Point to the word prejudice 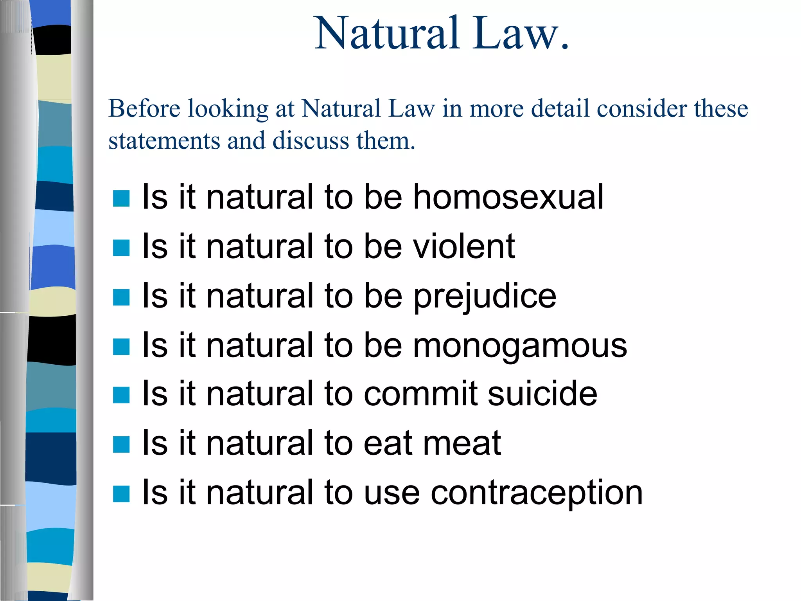click(x=485, y=296)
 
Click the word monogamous click(x=520, y=345)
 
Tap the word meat click(x=462, y=443)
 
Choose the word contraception click(x=537, y=493)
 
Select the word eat click(x=385, y=443)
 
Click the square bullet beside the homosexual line click(x=121, y=198)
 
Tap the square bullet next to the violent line click(x=121, y=248)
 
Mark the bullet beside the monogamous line click(x=121, y=347)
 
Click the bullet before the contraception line click(x=121, y=494)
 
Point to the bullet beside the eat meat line click(x=121, y=444)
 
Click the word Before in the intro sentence click(x=144, y=108)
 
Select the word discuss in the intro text click(x=311, y=140)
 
